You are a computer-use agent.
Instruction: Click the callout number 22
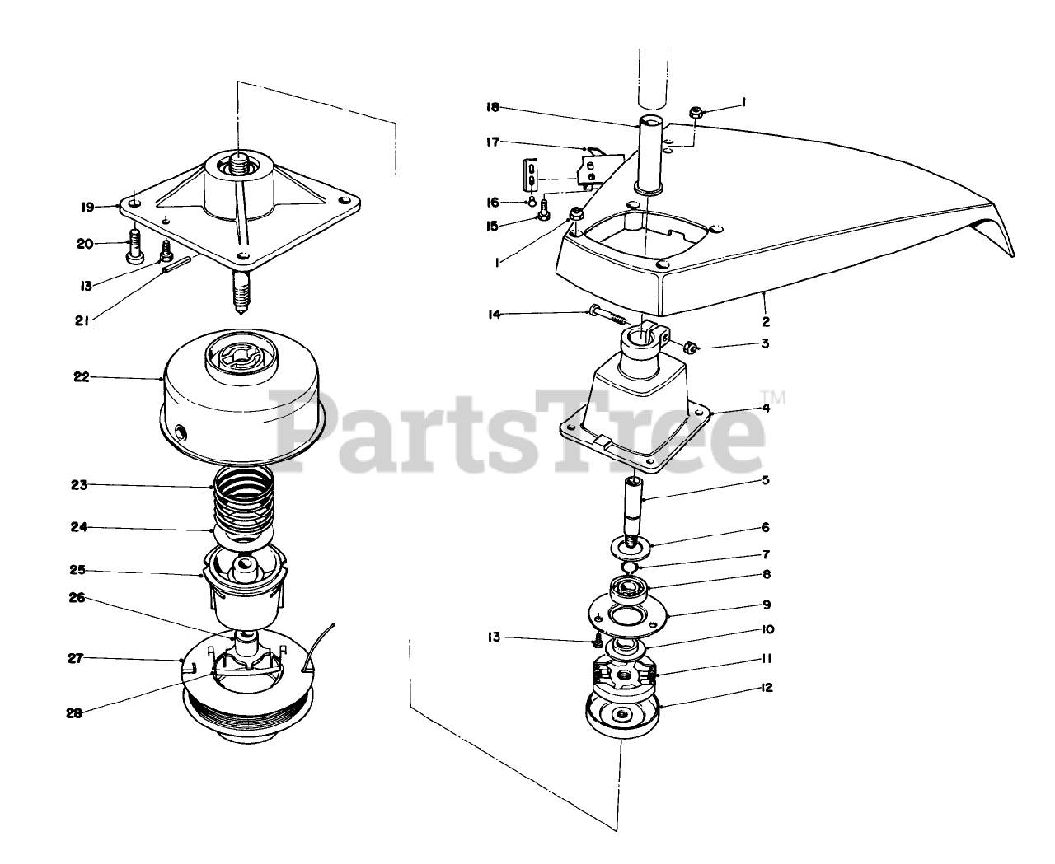point(82,377)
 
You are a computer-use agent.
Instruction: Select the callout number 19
point(88,207)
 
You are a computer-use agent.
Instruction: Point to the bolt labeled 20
point(134,245)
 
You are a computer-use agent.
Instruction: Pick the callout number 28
point(74,713)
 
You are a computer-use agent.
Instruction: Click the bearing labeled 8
point(629,591)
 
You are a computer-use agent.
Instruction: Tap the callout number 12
point(767,688)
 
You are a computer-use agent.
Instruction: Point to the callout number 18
point(493,107)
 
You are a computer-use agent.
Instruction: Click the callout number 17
point(493,142)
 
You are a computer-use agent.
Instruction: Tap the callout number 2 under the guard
point(766,321)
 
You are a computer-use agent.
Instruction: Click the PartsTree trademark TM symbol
point(772,397)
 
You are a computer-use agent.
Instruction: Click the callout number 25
point(77,570)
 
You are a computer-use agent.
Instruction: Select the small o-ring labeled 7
point(630,567)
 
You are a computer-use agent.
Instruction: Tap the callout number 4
point(766,408)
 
